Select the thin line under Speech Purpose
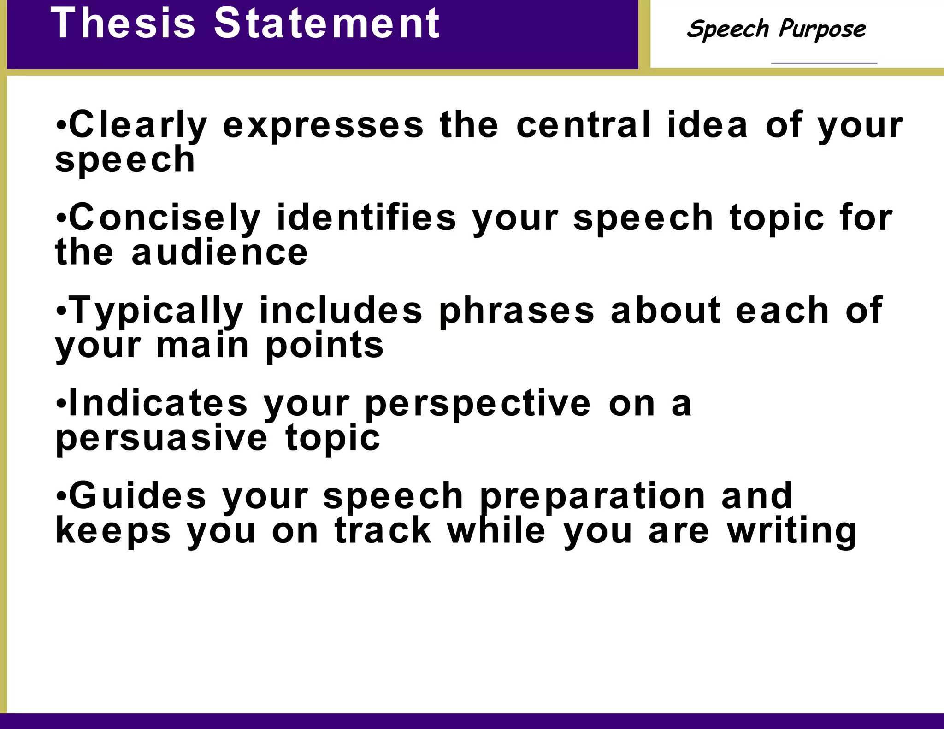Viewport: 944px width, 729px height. [x=824, y=63]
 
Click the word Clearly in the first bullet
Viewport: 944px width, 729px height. [x=138, y=125]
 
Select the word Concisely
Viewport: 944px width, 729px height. [x=165, y=218]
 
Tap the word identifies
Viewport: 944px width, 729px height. [x=366, y=218]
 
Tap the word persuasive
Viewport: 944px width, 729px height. [x=161, y=439]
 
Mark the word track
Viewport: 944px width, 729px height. [x=383, y=530]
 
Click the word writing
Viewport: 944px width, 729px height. [x=791, y=531]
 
